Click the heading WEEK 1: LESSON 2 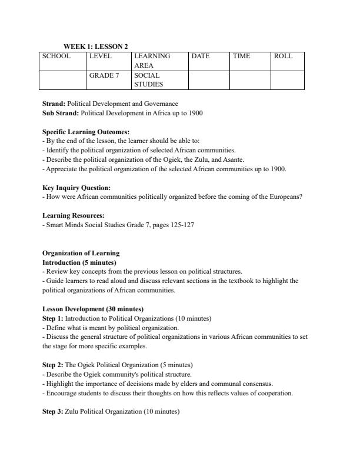click(96, 46)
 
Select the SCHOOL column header click(56, 56)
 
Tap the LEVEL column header click(100, 56)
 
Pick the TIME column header click(241, 56)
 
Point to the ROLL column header click(283, 56)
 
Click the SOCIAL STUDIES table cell click(148, 80)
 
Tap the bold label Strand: click(54, 104)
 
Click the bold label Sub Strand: click(61, 112)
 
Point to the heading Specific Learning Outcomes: click(86, 132)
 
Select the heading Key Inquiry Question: click(76, 188)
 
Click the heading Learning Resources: click(74, 216)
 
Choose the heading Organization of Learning click(81, 253)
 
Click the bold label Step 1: click(53, 318)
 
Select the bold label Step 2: click(53, 365)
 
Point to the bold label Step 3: click(53, 412)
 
